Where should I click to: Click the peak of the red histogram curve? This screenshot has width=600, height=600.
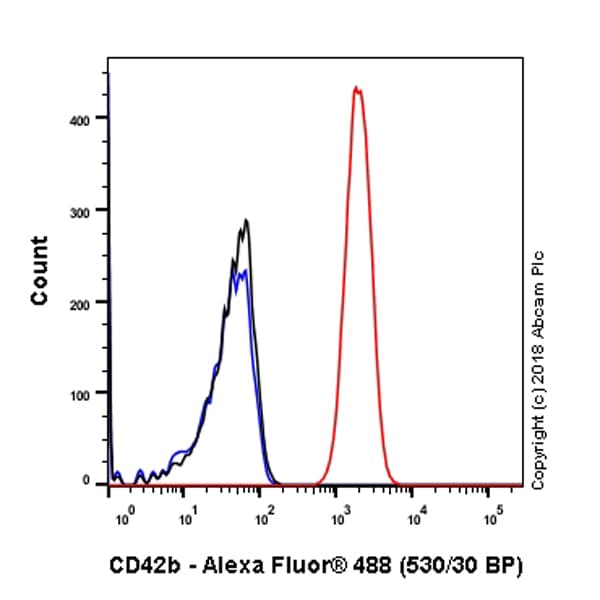click(x=356, y=88)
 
